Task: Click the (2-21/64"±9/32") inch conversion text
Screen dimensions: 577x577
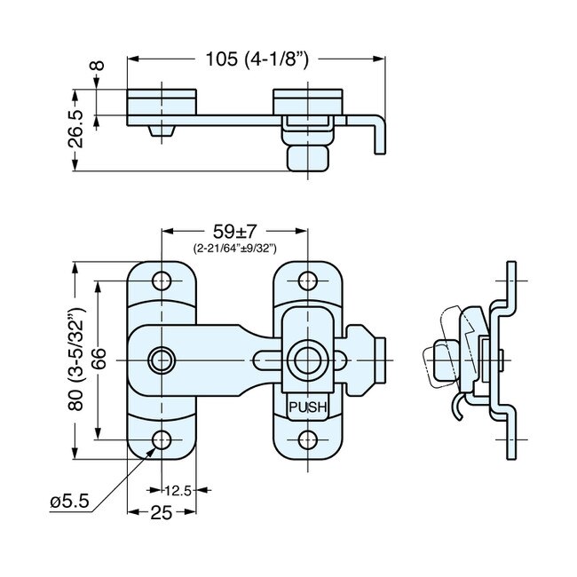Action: pyautogui.click(x=234, y=250)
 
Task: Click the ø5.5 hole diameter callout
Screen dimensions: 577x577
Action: pyautogui.click(x=68, y=502)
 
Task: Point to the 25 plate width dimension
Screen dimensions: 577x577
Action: pyautogui.click(x=162, y=512)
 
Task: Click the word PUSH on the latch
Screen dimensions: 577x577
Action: pyautogui.click(x=307, y=408)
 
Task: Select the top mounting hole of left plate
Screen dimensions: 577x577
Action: pyautogui.click(x=162, y=281)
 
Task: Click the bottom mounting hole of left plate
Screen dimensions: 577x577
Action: pyautogui.click(x=162, y=440)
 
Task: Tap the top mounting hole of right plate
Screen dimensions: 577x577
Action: pyautogui.click(x=308, y=281)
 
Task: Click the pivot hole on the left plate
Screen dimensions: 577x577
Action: pyautogui.click(x=162, y=360)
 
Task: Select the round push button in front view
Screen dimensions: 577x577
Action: pyautogui.click(x=308, y=360)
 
